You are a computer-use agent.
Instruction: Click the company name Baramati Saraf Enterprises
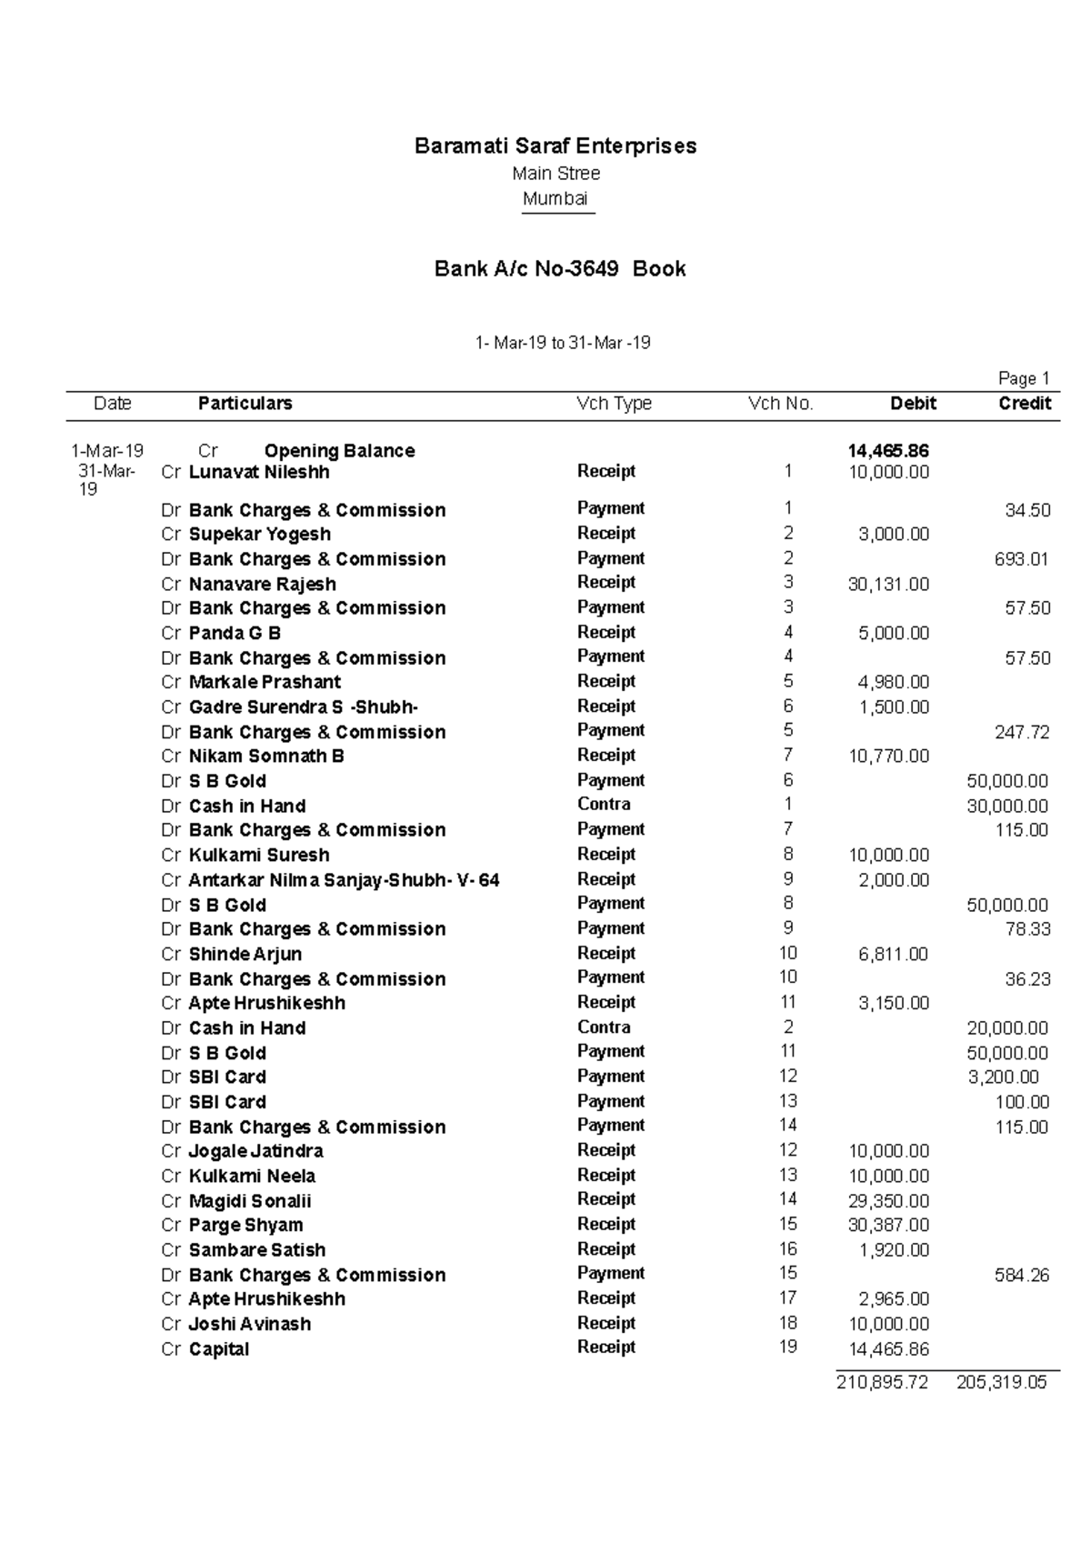(x=556, y=146)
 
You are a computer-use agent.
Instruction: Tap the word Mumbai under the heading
(x=556, y=199)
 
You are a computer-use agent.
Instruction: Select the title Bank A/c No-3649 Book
(x=560, y=269)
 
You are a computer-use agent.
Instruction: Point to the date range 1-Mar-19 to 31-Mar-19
(x=563, y=344)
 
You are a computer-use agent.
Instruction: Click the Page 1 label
(x=1024, y=379)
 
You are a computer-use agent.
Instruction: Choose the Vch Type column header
(x=614, y=404)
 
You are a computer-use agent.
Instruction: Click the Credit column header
(x=1025, y=404)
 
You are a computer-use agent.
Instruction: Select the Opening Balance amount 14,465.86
(x=887, y=451)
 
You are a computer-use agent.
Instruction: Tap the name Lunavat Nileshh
(x=258, y=473)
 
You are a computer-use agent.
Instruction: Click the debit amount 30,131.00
(x=888, y=585)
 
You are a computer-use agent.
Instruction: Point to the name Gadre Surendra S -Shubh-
(x=303, y=707)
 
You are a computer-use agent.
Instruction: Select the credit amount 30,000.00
(x=1007, y=807)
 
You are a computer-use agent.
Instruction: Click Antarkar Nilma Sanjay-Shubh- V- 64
(x=344, y=880)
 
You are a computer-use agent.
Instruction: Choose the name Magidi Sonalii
(x=249, y=1201)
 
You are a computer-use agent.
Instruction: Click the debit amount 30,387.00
(x=888, y=1226)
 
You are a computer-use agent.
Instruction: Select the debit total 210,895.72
(x=882, y=1383)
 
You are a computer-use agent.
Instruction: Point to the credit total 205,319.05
(x=1001, y=1383)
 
